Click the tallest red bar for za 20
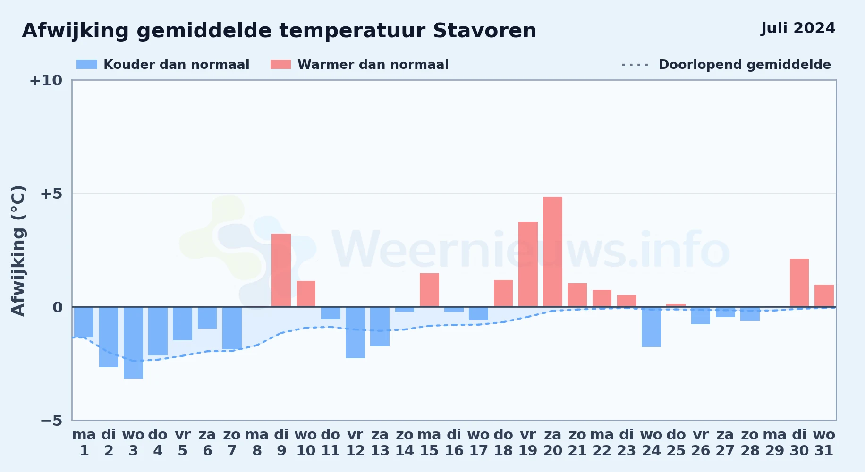click(x=552, y=252)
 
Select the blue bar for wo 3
click(x=133, y=343)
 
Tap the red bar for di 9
click(x=281, y=270)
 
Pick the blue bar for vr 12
click(x=355, y=332)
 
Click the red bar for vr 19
click(x=528, y=264)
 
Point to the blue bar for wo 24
click(x=651, y=327)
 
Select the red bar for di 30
click(x=799, y=283)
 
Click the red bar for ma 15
click(x=429, y=290)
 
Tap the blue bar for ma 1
click(x=84, y=322)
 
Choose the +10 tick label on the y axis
click(x=46, y=80)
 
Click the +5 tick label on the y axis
click(x=51, y=194)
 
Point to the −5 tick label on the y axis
click(x=51, y=420)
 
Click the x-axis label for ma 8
click(x=257, y=443)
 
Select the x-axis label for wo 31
click(x=824, y=443)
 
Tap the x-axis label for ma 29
click(x=775, y=443)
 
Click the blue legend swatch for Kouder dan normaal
click(x=87, y=65)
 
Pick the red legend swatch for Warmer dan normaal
click(x=280, y=65)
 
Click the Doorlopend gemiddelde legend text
click(x=745, y=65)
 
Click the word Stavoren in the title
click(x=484, y=31)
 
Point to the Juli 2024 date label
click(x=798, y=28)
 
